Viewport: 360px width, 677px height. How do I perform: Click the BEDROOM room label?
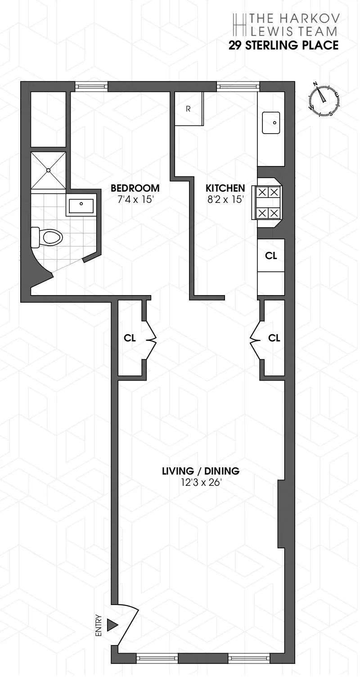coord(135,188)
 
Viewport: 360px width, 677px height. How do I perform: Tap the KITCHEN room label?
coord(225,188)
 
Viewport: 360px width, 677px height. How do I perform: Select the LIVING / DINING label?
coord(200,471)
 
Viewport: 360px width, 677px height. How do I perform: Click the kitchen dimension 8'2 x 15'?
coord(225,199)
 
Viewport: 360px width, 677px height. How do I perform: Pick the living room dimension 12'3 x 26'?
coord(200,484)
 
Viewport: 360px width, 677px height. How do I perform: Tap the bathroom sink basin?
coord(81,205)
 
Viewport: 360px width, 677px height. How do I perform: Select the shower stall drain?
coord(48,170)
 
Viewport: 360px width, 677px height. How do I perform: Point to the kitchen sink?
coord(271,122)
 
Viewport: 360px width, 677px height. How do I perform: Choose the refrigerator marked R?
coord(189,109)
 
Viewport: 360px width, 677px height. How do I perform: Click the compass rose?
coord(324,100)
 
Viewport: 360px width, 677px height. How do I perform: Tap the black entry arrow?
coord(112,625)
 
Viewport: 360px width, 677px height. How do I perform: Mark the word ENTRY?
coord(99,625)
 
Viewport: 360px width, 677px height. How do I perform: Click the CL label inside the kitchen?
coord(271,256)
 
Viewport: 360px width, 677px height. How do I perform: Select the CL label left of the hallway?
coord(130,338)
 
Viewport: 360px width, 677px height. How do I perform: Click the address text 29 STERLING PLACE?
coord(283,45)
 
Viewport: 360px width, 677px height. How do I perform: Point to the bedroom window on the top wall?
coord(91,86)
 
